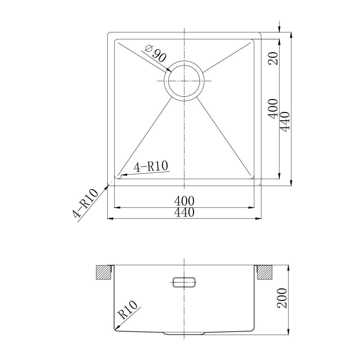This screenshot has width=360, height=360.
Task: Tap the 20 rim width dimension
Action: point(273,58)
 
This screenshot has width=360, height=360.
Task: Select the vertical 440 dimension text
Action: point(284,122)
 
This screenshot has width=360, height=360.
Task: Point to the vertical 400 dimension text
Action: point(273,109)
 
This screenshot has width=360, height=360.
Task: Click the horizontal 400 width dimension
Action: point(184,201)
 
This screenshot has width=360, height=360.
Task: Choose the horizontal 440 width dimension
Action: point(184,212)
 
